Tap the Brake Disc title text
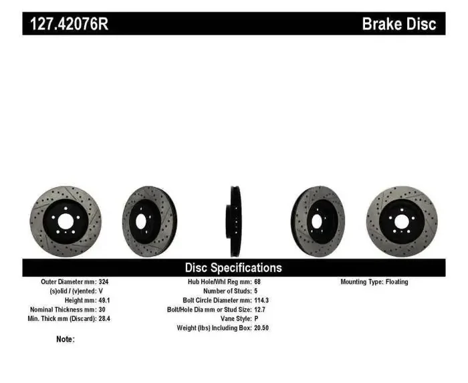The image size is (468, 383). (x=398, y=24)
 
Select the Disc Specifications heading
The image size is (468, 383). (x=233, y=267)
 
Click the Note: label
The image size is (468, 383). (x=66, y=340)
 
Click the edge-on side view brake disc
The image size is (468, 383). (x=235, y=221)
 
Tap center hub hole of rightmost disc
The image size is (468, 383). (x=401, y=221)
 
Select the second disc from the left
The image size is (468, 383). (x=148, y=221)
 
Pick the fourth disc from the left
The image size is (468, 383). (x=317, y=221)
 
